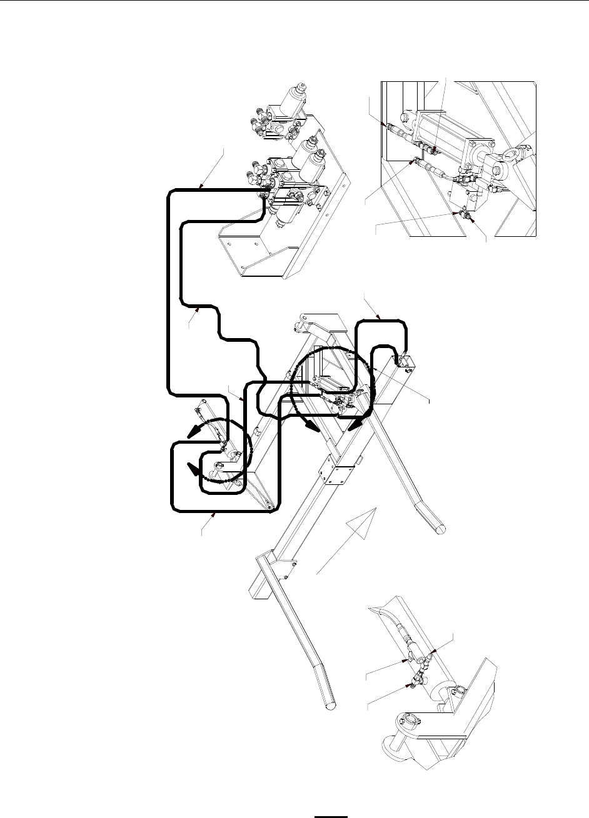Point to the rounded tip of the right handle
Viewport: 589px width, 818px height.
tap(440, 527)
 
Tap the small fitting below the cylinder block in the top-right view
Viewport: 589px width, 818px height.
tap(464, 214)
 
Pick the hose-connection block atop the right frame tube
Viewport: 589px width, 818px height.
tap(401, 363)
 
